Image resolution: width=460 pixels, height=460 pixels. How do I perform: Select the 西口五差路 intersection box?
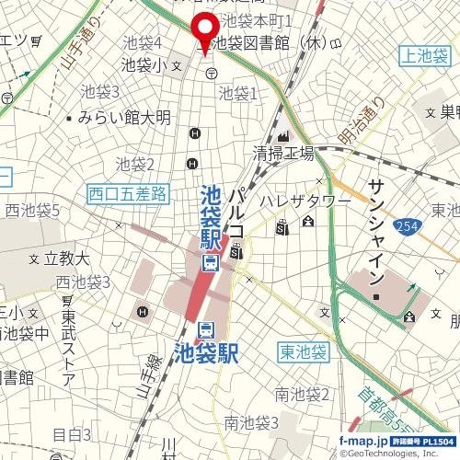129,193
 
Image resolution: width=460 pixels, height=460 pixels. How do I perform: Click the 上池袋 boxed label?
425,57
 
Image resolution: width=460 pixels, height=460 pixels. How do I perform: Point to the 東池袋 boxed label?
302,351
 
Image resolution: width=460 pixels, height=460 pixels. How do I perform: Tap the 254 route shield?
406,225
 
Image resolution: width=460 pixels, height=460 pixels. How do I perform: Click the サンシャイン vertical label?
375,230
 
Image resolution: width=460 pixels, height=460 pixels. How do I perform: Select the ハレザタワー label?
304,201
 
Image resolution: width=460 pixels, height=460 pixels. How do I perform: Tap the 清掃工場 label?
284,153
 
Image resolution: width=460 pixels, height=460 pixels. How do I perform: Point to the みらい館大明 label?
124,118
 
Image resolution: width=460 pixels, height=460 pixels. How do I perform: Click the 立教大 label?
65,259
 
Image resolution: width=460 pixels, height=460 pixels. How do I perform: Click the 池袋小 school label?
145,64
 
